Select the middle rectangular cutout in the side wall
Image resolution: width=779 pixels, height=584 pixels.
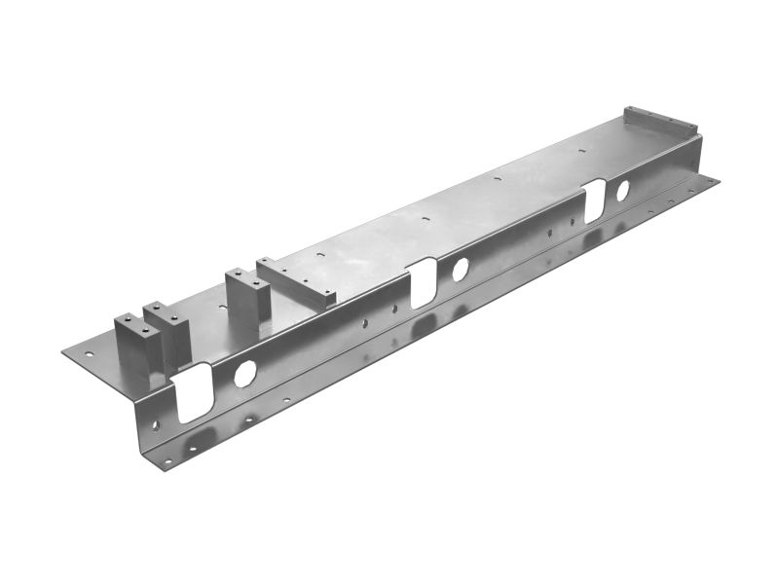point(423,282)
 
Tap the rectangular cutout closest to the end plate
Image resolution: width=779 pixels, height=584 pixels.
point(594,201)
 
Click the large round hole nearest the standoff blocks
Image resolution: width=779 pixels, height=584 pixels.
point(244,373)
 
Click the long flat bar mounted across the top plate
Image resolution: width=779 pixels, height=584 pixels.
point(296,283)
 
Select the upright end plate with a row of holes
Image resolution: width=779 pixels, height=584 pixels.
point(662,122)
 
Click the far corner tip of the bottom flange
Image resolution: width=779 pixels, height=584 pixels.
point(719,179)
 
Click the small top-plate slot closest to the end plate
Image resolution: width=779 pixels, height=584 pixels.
point(581,151)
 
